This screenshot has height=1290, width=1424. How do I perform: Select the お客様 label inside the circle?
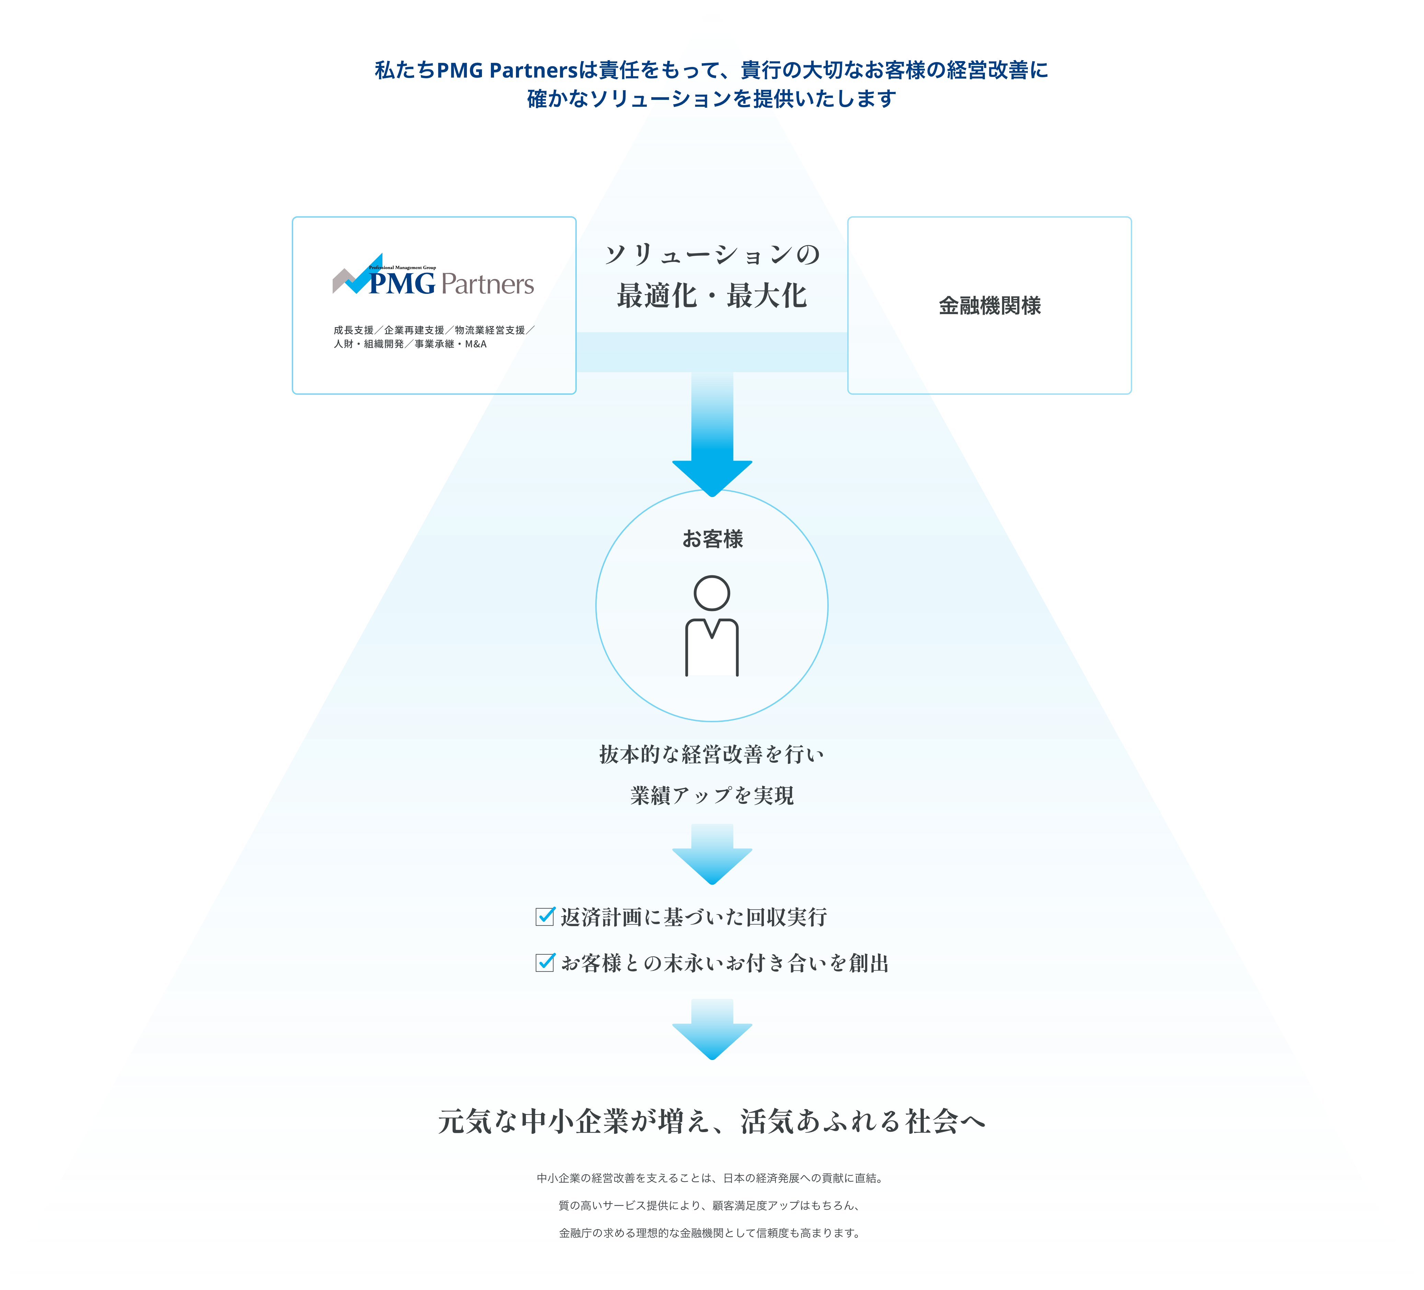point(712,539)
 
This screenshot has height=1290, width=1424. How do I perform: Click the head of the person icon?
point(712,593)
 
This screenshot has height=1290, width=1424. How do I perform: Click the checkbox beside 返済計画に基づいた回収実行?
point(544,916)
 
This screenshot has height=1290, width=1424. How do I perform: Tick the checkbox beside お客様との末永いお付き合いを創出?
point(544,962)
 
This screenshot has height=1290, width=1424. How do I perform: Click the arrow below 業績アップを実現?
point(712,854)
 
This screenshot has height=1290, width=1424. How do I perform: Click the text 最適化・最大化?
point(712,296)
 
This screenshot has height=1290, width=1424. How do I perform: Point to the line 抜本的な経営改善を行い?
point(712,755)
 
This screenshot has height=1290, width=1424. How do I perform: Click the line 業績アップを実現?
point(712,795)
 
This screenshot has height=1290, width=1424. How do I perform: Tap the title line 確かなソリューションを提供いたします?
point(712,99)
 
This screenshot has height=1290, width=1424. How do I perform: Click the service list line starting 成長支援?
point(434,330)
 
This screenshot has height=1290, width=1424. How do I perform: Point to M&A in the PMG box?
point(475,344)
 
